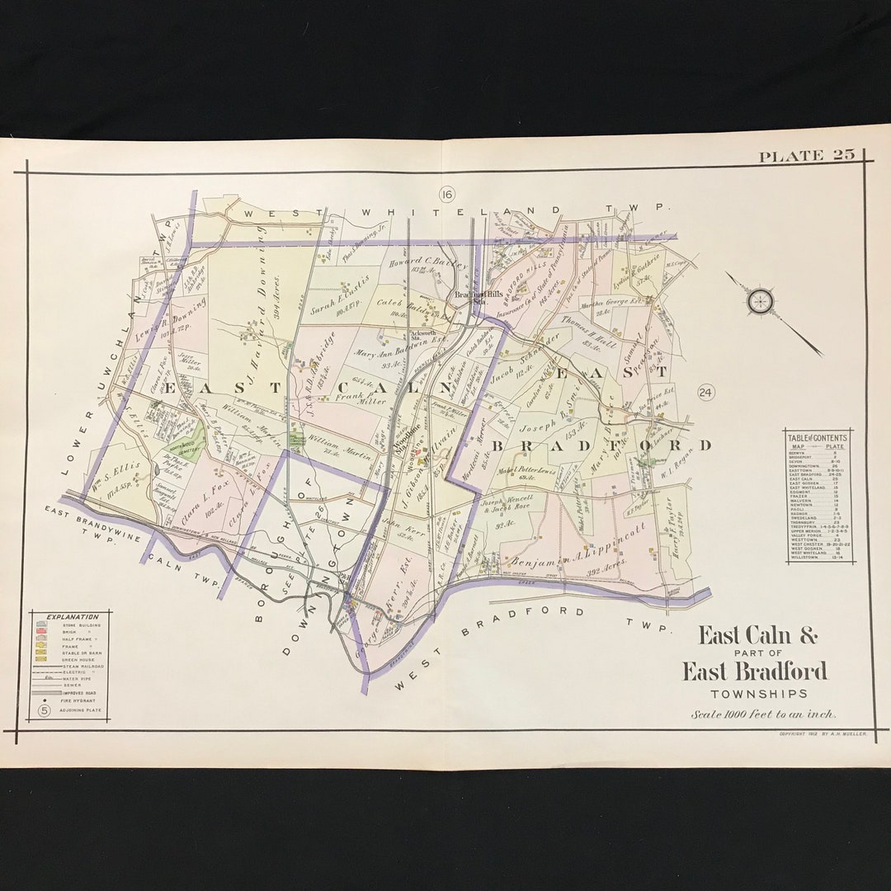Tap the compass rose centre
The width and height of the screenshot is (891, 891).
point(760,301)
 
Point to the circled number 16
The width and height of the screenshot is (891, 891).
point(447,195)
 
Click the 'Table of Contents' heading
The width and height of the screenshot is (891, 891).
point(817,438)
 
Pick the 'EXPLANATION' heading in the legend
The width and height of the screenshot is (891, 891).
point(72,617)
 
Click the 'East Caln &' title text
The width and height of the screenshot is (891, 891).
point(757,635)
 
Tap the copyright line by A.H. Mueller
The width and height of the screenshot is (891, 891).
point(822,733)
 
